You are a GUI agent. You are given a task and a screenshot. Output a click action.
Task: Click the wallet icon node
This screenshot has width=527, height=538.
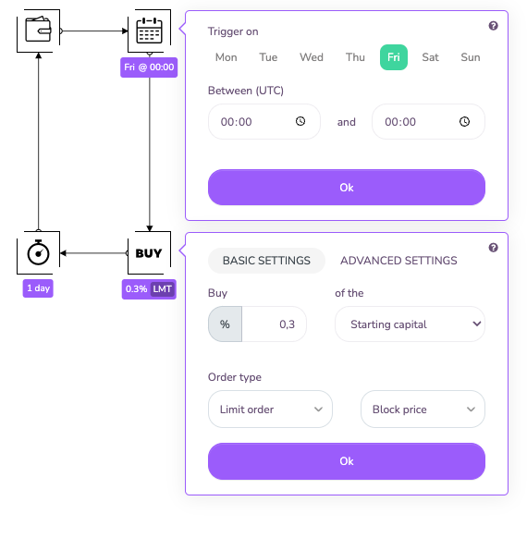pyautogui.click(x=39, y=31)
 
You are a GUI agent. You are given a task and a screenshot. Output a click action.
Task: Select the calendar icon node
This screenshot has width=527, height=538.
pyautogui.click(x=149, y=31)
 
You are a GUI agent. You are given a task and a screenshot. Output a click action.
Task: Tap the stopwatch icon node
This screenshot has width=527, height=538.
pyautogui.click(x=39, y=253)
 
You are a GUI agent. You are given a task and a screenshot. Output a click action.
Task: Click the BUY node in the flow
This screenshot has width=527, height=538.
pyautogui.click(x=149, y=253)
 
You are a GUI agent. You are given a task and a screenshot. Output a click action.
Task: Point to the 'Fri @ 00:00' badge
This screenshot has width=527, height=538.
pyautogui.click(x=149, y=67)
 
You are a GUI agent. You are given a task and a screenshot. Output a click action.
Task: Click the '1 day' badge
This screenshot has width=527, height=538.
pyautogui.click(x=38, y=288)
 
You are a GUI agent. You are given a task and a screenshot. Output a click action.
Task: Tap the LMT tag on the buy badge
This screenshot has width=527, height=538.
pyautogui.click(x=163, y=289)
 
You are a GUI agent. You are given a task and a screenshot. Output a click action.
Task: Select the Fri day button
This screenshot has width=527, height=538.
pyautogui.click(x=394, y=57)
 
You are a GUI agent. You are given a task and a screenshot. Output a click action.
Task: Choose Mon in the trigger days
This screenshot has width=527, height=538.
pyautogui.click(x=227, y=57)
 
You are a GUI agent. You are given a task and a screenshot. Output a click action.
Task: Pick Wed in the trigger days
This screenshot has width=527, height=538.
pyautogui.click(x=312, y=57)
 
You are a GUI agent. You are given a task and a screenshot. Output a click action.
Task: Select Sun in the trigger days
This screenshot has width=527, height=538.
pyautogui.click(x=471, y=57)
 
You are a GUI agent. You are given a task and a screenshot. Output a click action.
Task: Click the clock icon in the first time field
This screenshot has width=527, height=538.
pyautogui.click(x=300, y=121)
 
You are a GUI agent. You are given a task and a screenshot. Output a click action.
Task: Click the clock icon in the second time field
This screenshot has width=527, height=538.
pyautogui.click(x=464, y=121)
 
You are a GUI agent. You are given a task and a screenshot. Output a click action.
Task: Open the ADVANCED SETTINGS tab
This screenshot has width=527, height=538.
pyautogui.click(x=398, y=261)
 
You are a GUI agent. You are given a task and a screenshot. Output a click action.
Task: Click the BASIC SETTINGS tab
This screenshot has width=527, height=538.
pyautogui.click(x=266, y=261)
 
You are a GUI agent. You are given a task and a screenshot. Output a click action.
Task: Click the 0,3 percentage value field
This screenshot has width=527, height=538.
pyautogui.click(x=274, y=324)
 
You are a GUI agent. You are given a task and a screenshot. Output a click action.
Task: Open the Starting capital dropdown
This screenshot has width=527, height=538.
pyautogui.click(x=410, y=324)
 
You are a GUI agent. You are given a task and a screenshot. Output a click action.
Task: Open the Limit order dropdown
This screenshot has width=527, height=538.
pyautogui.click(x=270, y=410)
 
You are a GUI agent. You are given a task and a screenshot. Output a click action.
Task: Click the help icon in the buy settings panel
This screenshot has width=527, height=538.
pyautogui.click(x=494, y=248)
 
